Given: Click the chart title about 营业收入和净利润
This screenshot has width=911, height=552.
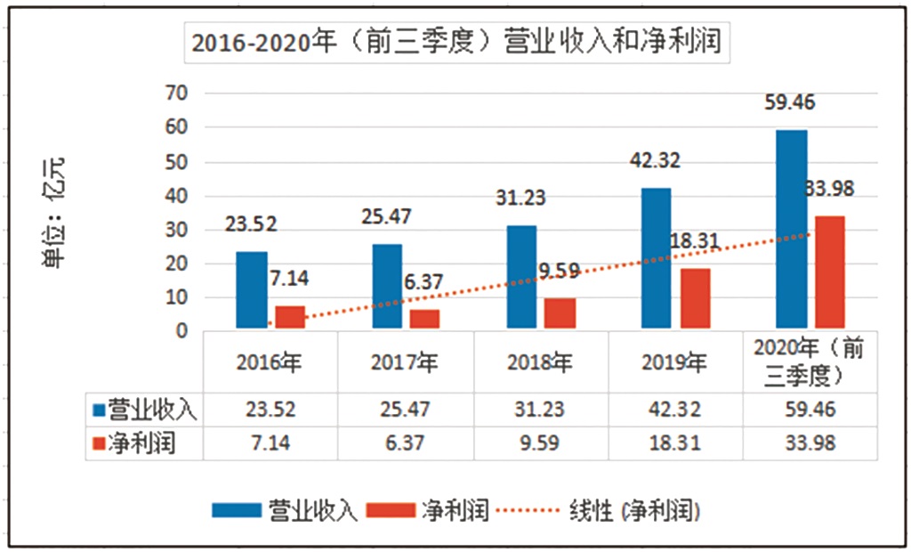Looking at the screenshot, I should click(456, 43).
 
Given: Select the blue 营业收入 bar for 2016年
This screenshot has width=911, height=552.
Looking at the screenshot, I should click(252, 291).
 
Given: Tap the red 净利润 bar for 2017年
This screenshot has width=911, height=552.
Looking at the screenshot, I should click(424, 320).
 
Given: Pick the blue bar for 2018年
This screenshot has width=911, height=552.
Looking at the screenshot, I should click(521, 278).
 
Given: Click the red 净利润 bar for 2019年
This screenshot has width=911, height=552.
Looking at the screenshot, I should click(695, 299).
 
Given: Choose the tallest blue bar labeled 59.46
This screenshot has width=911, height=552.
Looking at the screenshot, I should click(791, 231).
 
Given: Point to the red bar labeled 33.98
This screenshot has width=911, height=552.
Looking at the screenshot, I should click(829, 273).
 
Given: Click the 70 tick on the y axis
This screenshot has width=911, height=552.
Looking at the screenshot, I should click(180, 93).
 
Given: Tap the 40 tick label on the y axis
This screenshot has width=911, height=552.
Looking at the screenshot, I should click(180, 196).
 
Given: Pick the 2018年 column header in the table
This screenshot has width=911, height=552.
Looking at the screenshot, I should click(540, 362).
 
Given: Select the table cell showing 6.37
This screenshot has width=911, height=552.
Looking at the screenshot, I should click(405, 443).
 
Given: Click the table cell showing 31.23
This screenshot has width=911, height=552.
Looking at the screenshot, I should click(540, 410).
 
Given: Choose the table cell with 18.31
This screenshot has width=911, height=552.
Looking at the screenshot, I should click(675, 443).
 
